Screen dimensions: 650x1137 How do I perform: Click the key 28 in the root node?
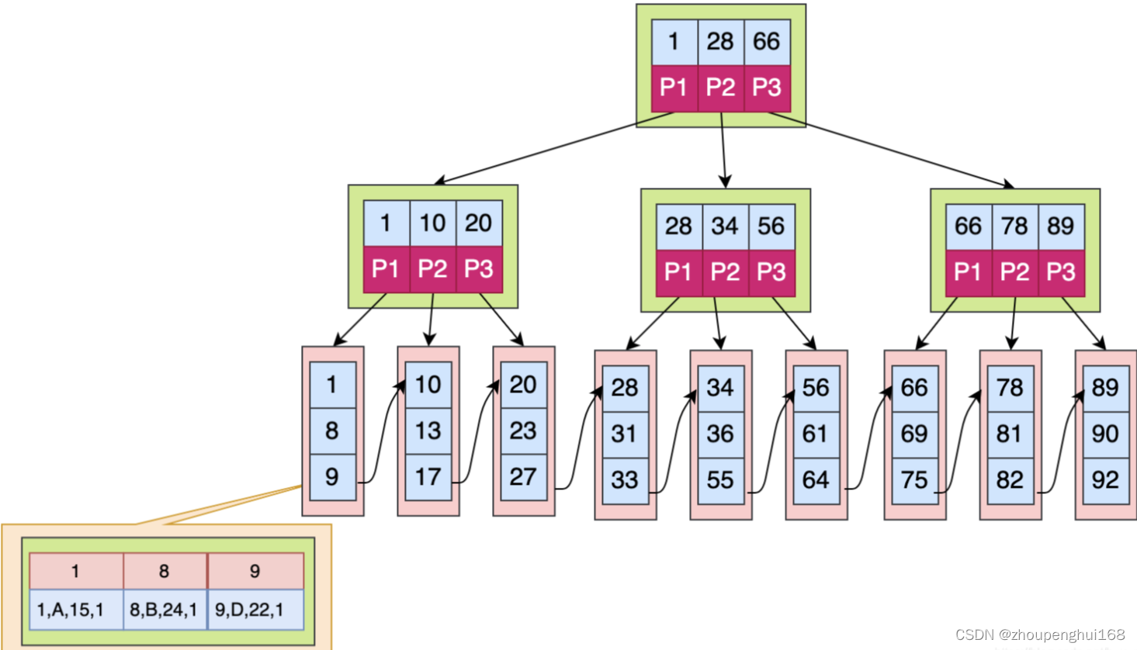[x=720, y=42]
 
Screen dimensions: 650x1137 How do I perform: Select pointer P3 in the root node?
[x=767, y=88]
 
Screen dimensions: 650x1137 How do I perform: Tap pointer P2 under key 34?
[x=725, y=272]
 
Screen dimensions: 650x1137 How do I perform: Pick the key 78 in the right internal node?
[x=1014, y=226]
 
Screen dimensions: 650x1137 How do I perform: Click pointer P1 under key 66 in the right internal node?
[x=968, y=272]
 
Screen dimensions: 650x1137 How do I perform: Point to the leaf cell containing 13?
[x=428, y=431]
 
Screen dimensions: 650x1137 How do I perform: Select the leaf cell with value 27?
[x=523, y=476]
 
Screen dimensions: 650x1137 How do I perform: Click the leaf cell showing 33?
[x=625, y=480]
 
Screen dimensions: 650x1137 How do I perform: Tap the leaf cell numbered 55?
[x=720, y=480]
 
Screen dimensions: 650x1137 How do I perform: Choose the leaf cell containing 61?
[x=816, y=434]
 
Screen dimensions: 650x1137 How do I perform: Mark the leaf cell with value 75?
[x=914, y=480]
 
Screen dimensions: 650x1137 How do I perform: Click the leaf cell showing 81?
[x=1010, y=434]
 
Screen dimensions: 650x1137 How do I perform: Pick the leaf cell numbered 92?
[x=1105, y=480]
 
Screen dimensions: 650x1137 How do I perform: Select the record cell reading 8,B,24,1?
[x=164, y=610]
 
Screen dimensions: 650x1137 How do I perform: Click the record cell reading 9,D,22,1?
[x=250, y=610]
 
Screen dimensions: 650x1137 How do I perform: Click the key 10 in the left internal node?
[x=432, y=223]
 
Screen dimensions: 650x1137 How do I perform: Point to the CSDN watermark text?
[x=1040, y=634]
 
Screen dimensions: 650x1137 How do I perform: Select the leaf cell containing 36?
[x=720, y=434]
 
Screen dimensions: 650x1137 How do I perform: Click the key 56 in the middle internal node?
[x=771, y=226]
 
